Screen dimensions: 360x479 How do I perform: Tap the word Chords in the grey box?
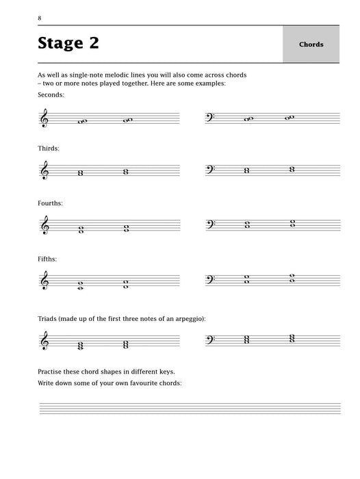pos(311,44)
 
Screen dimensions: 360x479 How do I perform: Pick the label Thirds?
pos(49,148)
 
